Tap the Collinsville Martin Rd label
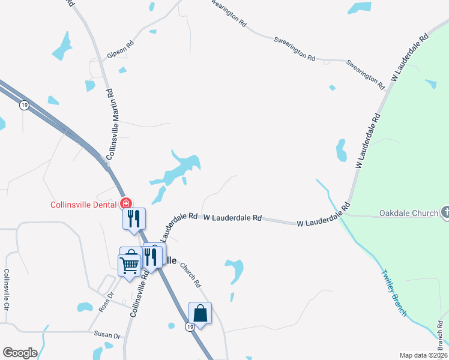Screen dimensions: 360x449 [x=110, y=124]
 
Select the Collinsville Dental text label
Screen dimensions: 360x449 [x=84, y=204]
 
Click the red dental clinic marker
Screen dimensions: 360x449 [x=126, y=203]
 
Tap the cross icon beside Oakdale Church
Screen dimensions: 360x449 [x=445, y=212]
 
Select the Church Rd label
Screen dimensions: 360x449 [x=189, y=275]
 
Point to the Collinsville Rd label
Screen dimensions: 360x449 [x=139, y=293]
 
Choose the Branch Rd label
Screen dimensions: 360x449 [x=441, y=337]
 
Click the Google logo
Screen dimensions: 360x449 [x=20, y=353]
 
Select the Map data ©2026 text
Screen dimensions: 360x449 [x=423, y=355]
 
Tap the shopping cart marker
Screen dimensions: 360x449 [x=130, y=263]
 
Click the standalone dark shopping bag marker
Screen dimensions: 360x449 [x=200, y=313]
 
